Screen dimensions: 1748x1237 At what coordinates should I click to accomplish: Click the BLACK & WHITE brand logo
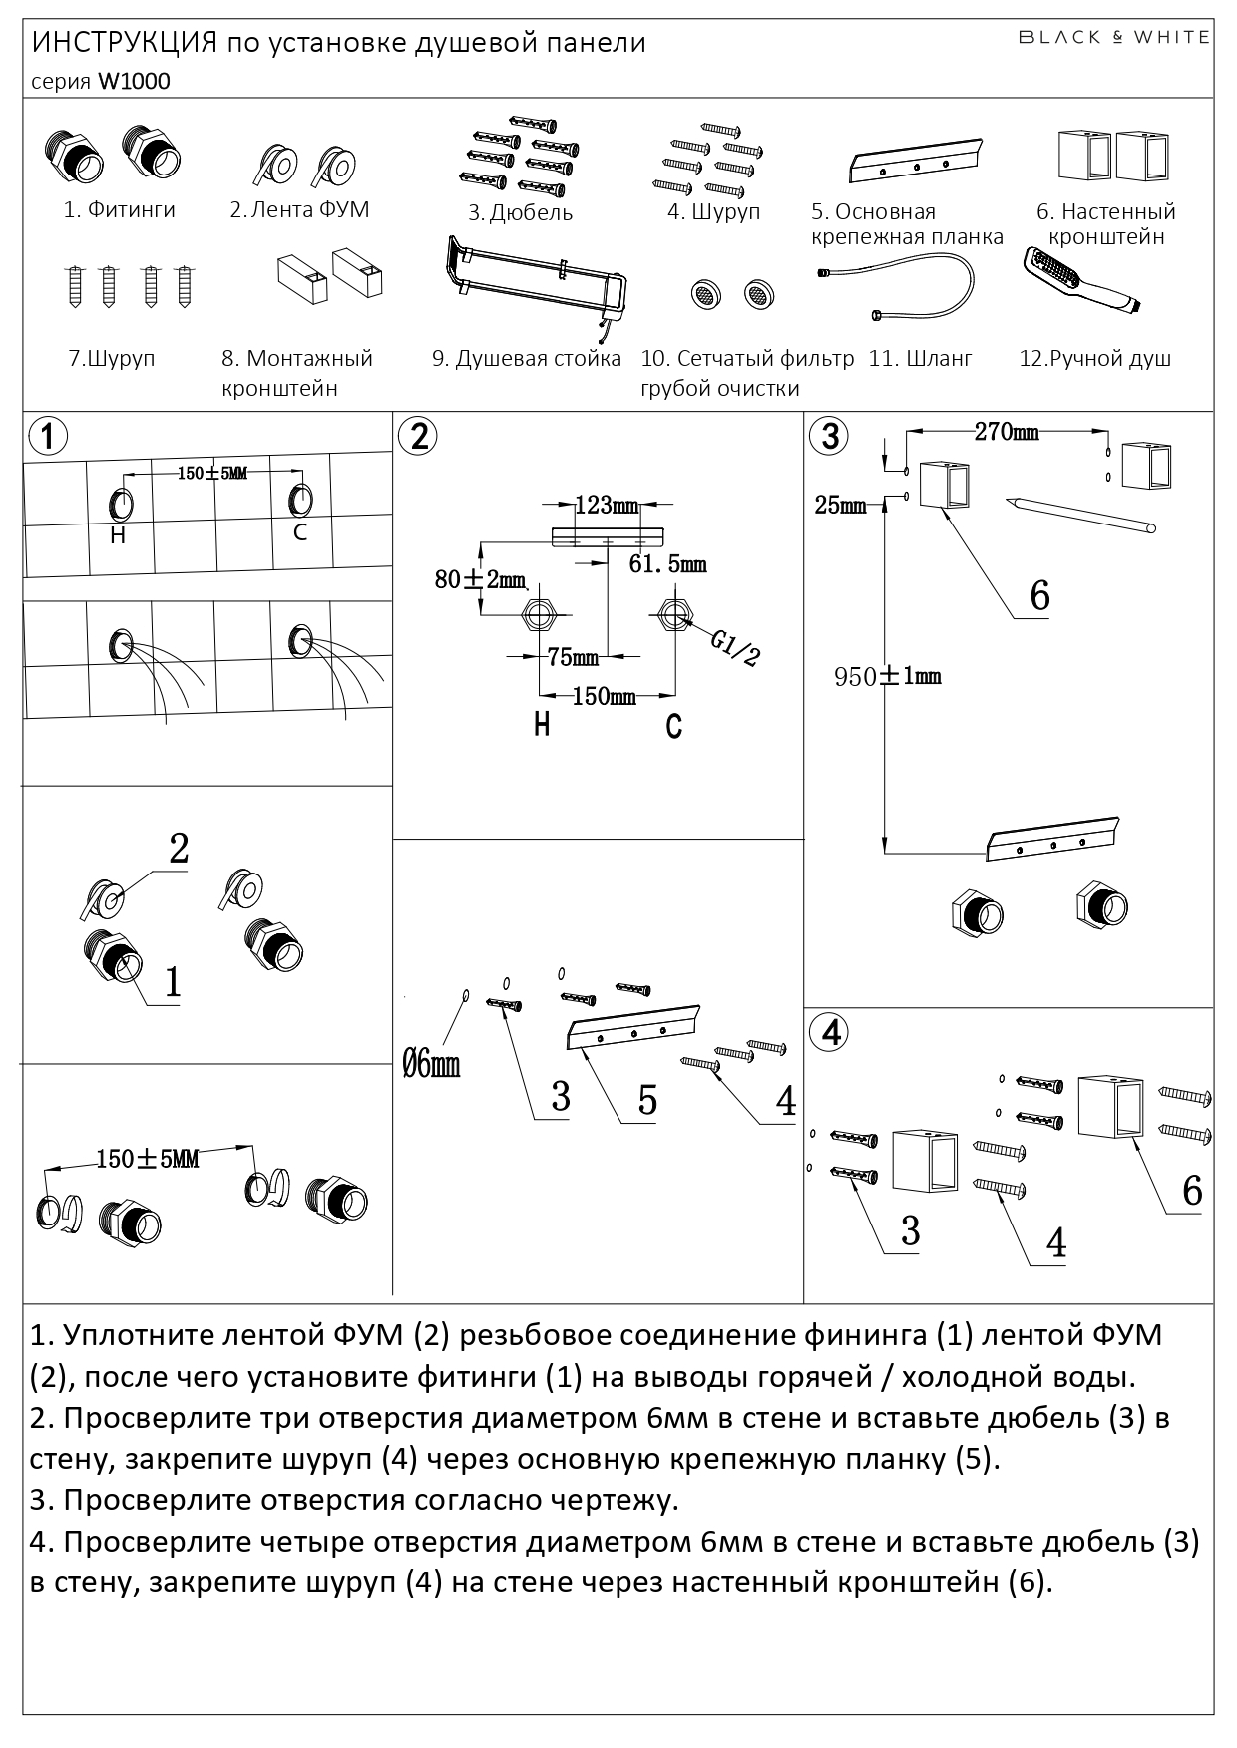point(1112,37)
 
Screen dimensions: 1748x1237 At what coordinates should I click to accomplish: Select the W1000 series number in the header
point(133,82)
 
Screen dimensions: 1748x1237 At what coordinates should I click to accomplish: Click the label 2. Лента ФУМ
point(299,209)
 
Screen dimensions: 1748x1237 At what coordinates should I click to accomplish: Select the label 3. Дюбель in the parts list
point(520,212)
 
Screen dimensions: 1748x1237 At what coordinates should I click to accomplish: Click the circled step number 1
point(48,436)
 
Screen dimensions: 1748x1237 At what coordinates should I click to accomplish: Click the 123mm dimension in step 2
point(607,506)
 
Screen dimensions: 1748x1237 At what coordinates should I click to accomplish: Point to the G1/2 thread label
point(736,647)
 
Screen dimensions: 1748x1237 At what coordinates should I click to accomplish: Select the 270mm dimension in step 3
point(1006,432)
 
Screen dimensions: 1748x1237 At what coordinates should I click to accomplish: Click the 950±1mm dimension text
point(888,677)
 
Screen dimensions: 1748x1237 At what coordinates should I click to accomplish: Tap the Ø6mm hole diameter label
point(431,1065)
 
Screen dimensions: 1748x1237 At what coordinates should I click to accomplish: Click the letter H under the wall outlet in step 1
point(118,535)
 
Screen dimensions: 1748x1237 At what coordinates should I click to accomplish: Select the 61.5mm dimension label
point(667,565)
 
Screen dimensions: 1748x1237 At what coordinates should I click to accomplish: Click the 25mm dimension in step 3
point(840,506)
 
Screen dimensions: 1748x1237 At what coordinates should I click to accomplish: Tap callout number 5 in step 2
point(647,1101)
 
